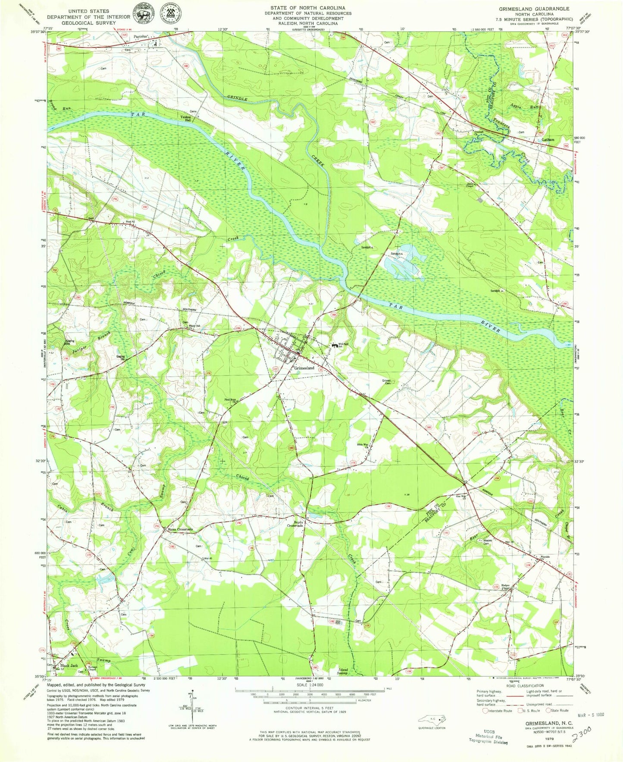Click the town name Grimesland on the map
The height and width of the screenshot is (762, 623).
pos(304,368)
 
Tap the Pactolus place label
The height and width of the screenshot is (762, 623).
pos(141,37)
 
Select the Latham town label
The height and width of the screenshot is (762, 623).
pos(548,140)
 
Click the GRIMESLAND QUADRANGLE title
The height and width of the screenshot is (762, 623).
pos(534,9)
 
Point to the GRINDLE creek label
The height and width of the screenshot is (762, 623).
pos(237,99)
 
